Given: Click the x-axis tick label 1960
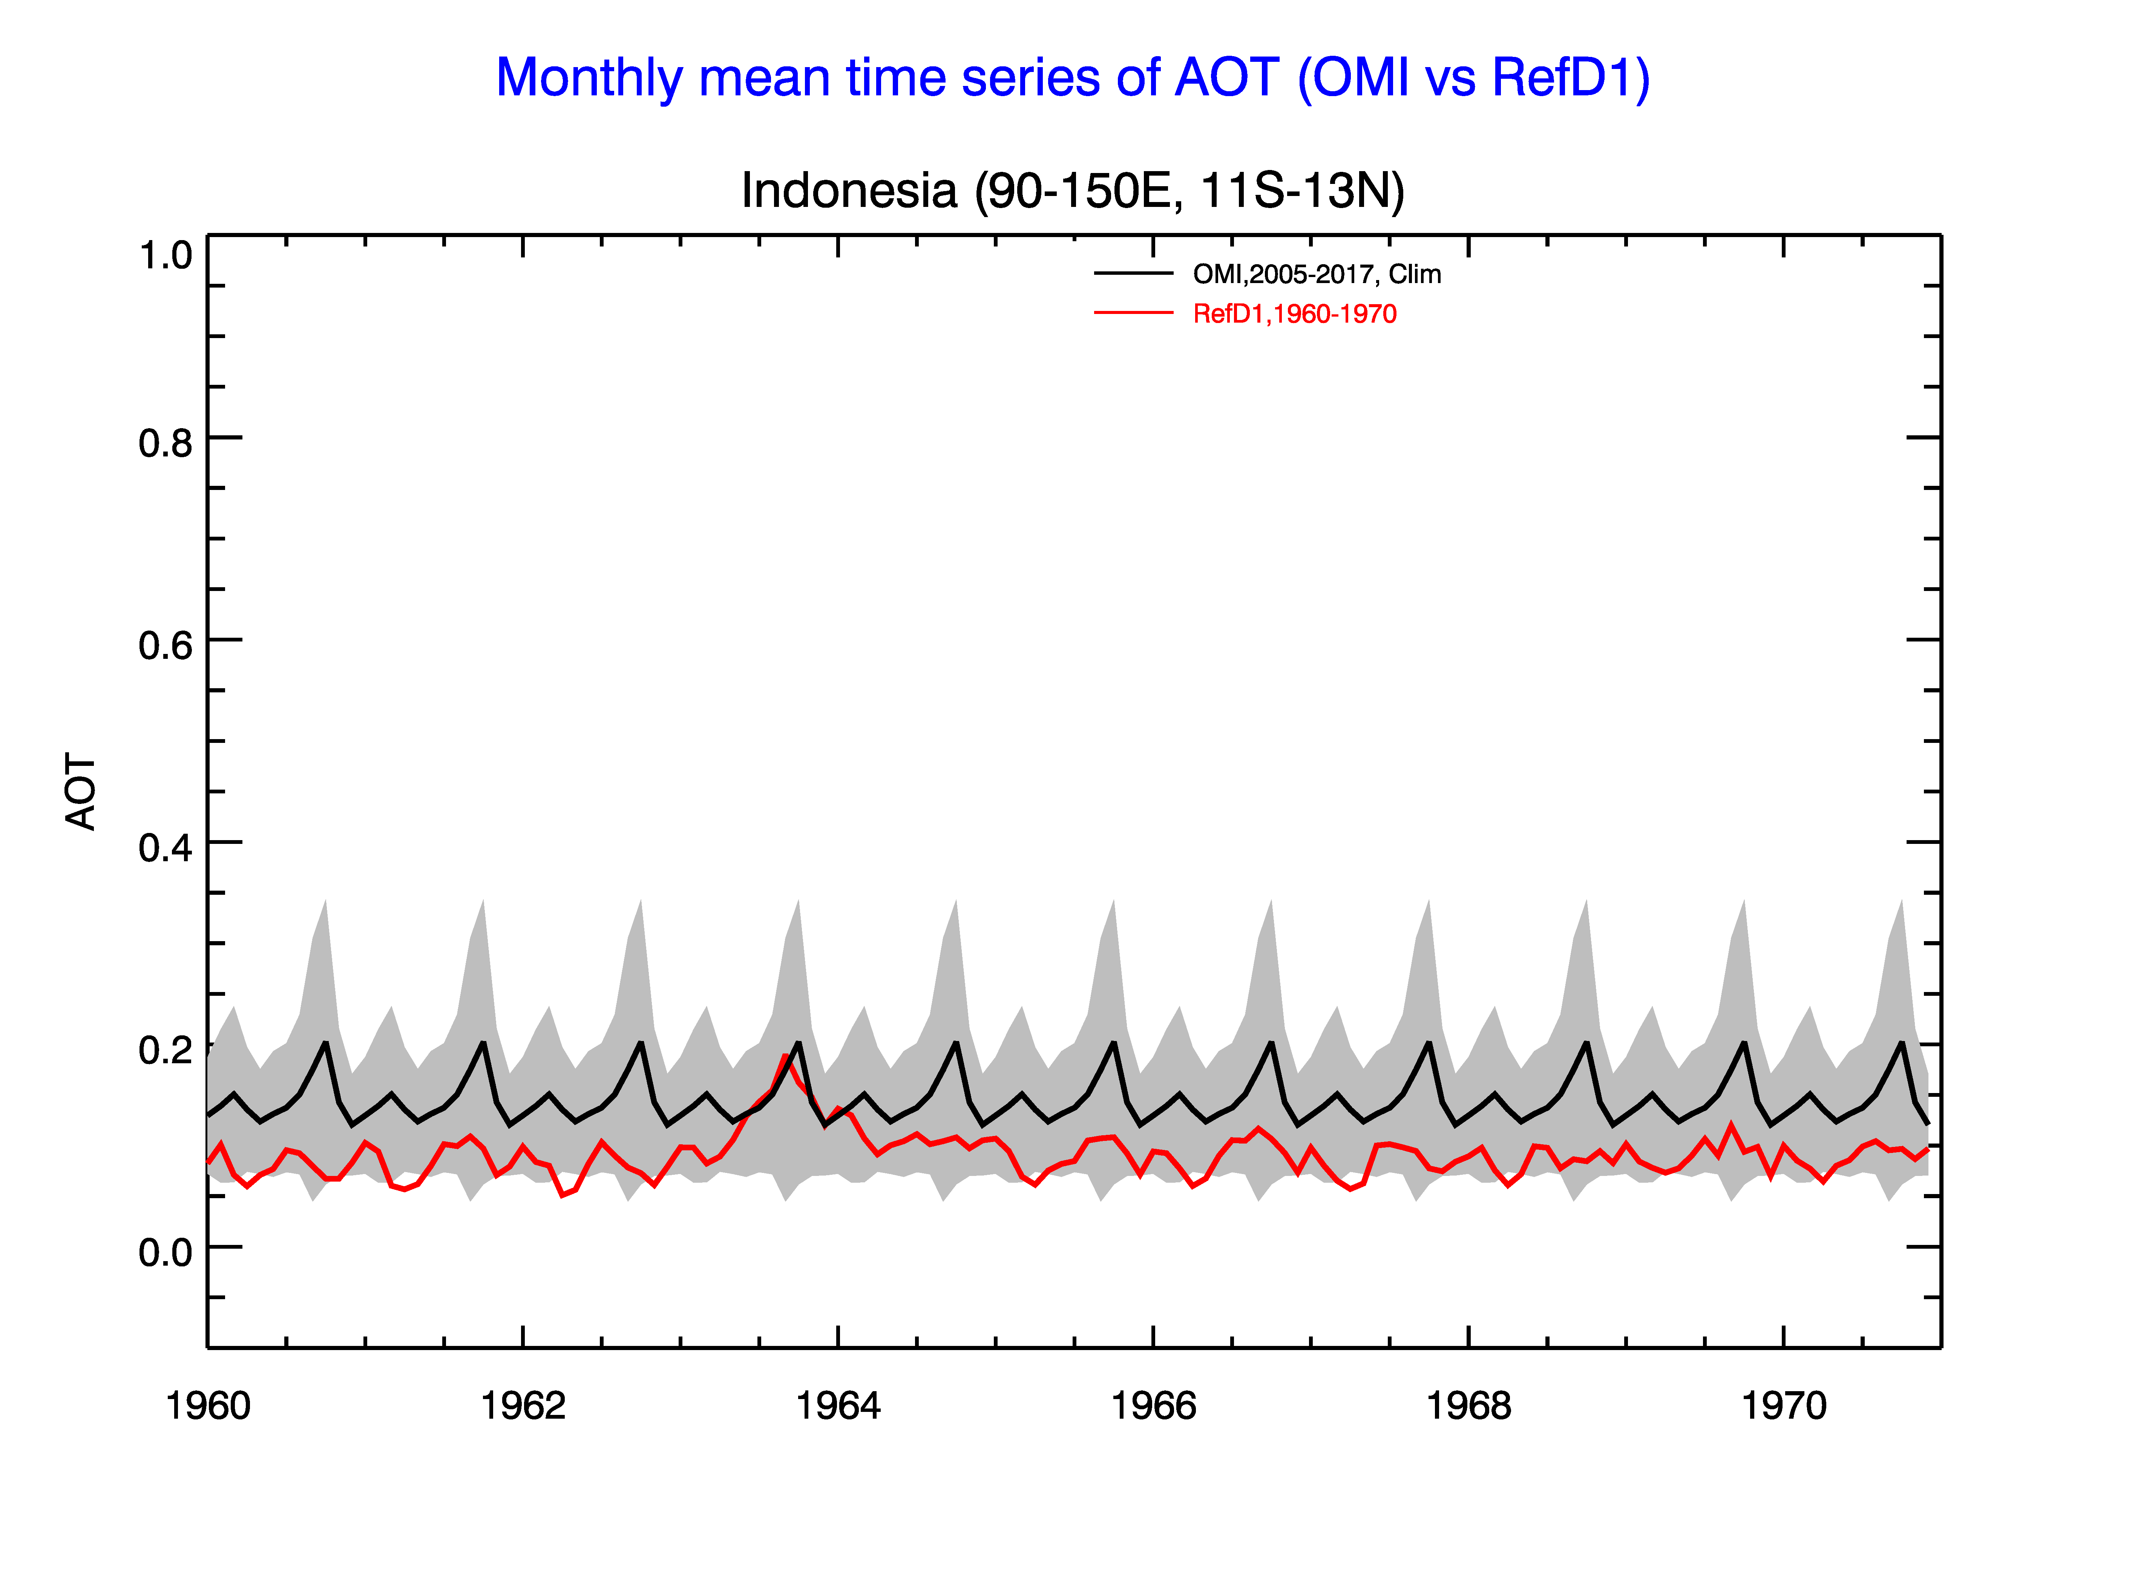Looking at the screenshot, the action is coord(208,1406).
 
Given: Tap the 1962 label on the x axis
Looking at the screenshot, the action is coord(523,1406).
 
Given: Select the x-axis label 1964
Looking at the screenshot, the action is coord(838,1406).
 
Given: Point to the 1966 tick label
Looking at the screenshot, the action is coord(1153,1406).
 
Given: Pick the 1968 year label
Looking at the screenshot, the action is coord(1468,1406).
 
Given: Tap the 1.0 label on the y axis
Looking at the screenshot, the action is coord(166,256).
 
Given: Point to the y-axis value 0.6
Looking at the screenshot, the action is coord(166,645).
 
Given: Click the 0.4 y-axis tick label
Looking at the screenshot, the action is coord(166,847).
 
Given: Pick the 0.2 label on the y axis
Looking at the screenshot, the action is coord(166,1049).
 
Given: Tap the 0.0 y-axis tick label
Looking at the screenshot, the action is coord(166,1251).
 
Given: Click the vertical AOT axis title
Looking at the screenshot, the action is coord(81,791).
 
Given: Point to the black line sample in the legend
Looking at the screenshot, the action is coord(1134,274).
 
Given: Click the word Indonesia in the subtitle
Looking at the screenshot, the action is coord(849,191).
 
